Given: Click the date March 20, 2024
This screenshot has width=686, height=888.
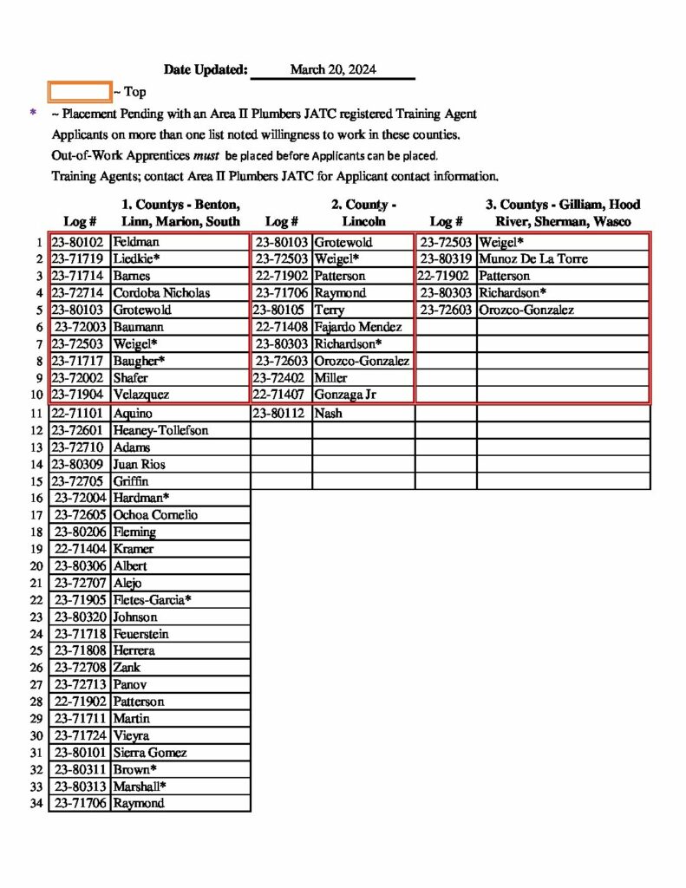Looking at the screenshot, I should pos(333,70).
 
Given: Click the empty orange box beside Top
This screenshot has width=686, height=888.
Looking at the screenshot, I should pos(80,91).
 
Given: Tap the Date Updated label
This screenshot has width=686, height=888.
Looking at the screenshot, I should pos(206,70).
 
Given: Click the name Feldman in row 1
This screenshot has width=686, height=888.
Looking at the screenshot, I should pos(136,242).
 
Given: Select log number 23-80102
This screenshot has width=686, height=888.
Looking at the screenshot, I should pos(78,242).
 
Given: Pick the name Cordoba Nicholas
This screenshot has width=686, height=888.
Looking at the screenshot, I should pos(161,293).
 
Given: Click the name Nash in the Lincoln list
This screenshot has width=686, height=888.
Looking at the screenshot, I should pos(328,414).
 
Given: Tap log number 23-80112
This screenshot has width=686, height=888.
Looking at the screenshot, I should pos(281,414).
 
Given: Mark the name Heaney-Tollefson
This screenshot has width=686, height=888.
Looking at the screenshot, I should pos(161,430).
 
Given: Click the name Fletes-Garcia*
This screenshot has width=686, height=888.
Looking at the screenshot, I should pos(153,600).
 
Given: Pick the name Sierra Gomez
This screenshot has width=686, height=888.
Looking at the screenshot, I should pos(150,753).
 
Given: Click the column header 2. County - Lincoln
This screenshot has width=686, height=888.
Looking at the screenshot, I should pos(363,212).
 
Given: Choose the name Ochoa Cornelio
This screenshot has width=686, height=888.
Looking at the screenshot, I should pos(155,515).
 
